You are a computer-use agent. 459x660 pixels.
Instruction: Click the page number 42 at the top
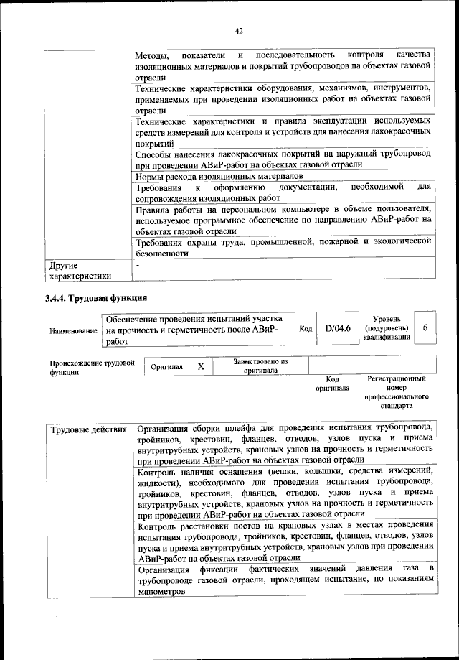pos(239,30)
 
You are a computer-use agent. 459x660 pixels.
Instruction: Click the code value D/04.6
pos(337,328)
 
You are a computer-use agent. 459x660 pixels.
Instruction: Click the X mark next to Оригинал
pos(201,366)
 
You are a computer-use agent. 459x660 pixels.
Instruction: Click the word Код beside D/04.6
pos(306,329)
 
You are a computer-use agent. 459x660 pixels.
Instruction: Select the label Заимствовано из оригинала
pos(260,366)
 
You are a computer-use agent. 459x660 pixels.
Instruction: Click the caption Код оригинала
pos(332,384)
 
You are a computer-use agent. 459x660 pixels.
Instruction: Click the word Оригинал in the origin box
pos(167,367)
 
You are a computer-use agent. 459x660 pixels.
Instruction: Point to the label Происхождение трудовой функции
pos(92,368)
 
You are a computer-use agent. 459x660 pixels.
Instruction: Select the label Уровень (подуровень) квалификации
pos(387,327)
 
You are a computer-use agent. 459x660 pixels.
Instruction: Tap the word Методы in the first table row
pos(152,55)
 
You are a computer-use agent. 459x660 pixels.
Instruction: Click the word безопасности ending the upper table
pos(161,253)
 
